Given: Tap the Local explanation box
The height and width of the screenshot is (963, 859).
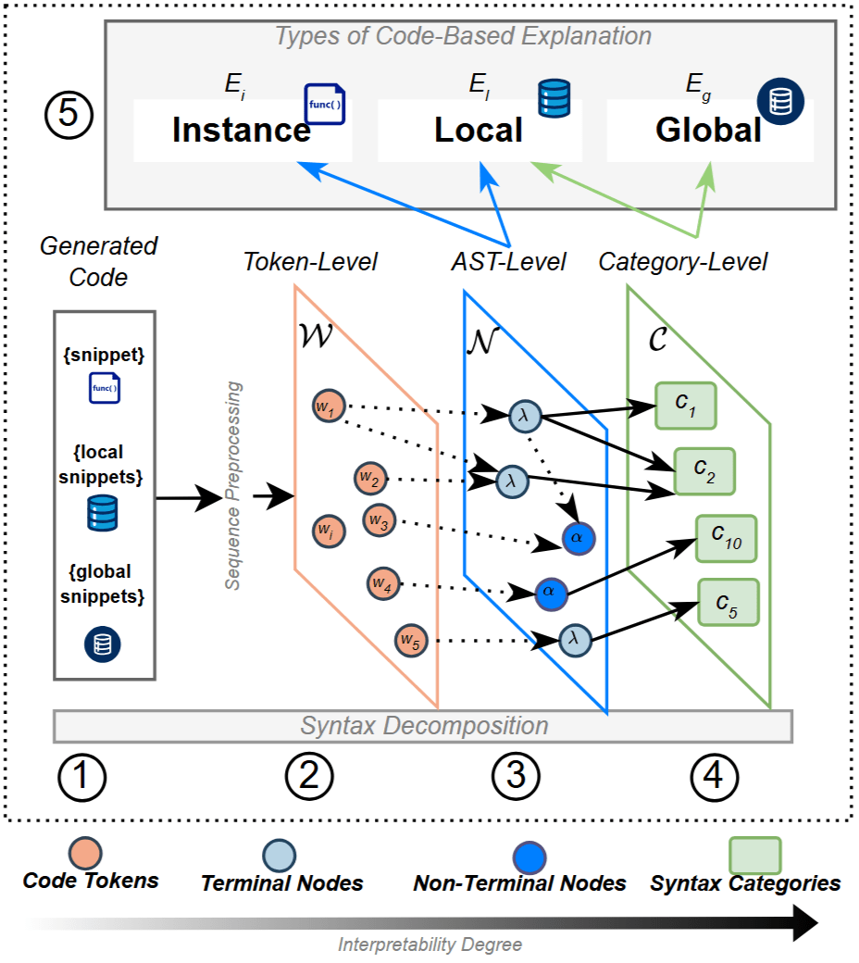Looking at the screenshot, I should coord(479,131).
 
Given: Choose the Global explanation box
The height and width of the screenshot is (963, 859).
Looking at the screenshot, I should coord(709,131).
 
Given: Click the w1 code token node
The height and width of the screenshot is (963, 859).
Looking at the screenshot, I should coord(329,407).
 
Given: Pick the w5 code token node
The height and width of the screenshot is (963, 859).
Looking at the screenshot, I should coord(410,640).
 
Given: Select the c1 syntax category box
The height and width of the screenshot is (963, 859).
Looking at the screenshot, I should coord(686,406).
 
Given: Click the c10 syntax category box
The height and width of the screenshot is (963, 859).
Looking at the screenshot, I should coord(727,538).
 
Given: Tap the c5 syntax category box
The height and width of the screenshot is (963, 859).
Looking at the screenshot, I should coord(728,602).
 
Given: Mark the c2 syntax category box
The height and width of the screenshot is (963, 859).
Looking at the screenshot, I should coord(703,470).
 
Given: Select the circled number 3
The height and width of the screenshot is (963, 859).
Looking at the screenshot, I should coord(515,778).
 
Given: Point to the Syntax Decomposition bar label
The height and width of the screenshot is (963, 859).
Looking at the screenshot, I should coord(424,726).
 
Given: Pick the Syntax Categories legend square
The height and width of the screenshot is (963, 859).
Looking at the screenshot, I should coord(754,856).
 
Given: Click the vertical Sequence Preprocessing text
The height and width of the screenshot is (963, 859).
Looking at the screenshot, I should coord(233,486).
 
